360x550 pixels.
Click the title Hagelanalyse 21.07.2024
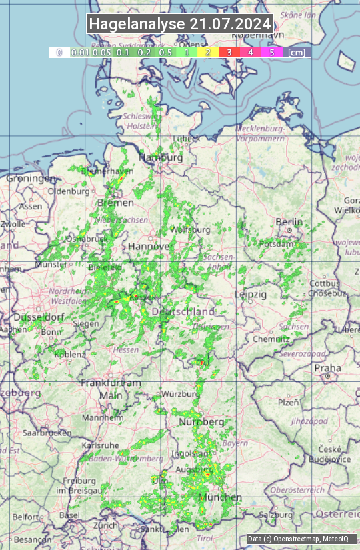click(x=180, y=24)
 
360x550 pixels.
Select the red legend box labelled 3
click(x=229, y=52)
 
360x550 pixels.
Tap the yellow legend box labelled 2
click(x=207, y=52)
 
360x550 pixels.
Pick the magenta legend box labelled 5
click(x=271, y=52)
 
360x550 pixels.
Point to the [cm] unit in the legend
click(x=297, y=52)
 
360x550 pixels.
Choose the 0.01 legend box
click(x=81, y=52)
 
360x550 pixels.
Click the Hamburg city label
click(x=161, y=159)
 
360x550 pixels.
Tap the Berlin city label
click(x=289, y=222)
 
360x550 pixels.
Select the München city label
click(x=221, y=497)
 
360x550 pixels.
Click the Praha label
click(x=327, y=368)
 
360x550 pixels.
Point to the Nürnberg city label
click(x=201, y=422)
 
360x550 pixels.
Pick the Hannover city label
click(x=151, y=246)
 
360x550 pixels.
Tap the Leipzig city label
click(x=251, y=294)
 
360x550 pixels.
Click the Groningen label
click(x=31, y=179)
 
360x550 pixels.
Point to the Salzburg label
click(x=276, y=515)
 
